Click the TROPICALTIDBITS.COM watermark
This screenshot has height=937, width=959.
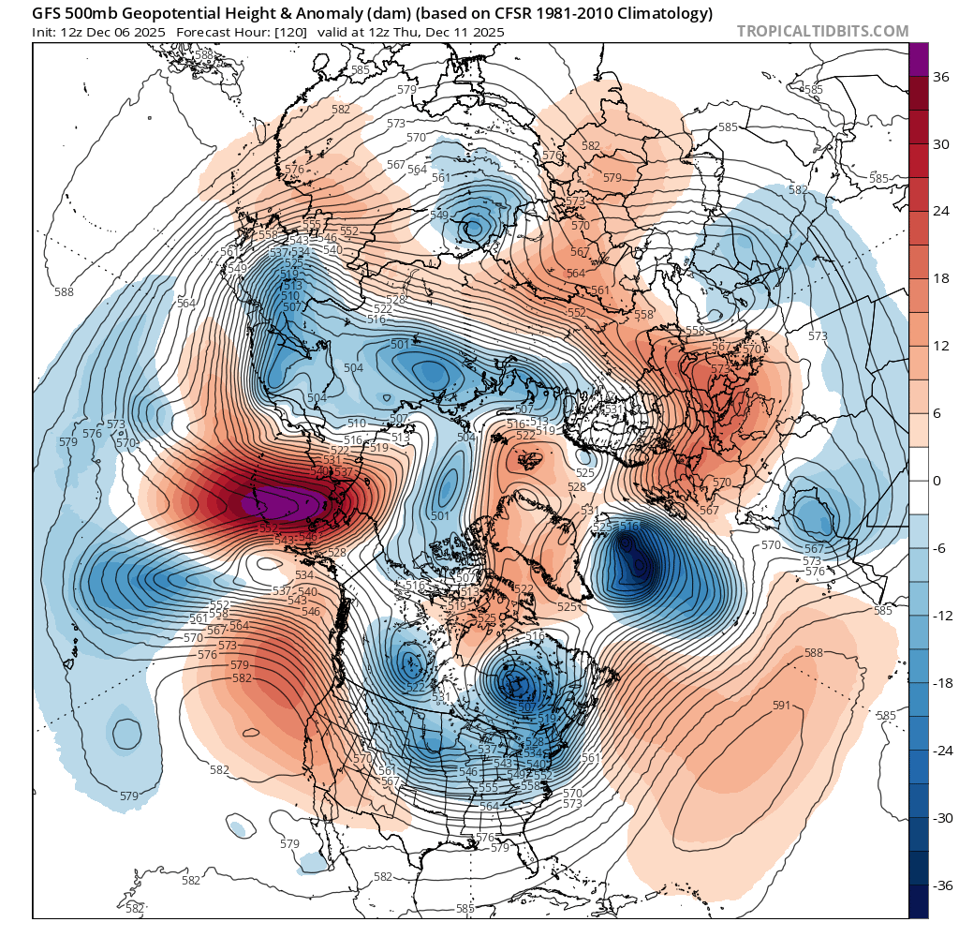(x=822, y=31)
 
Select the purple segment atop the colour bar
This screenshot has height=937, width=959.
(x=919, y=58)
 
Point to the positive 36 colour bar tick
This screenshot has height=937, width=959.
(x=941, y=77)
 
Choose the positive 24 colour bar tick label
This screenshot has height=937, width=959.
(x=941, y=211)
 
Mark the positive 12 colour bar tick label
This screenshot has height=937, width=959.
(x=941, y=346)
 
